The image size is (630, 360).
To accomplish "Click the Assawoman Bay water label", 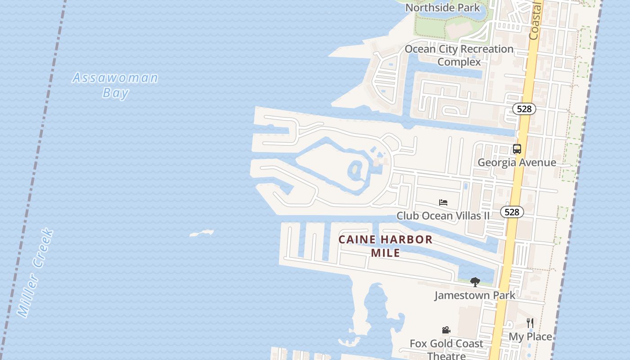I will (115, 85).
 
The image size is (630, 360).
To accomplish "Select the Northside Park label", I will (442, 8).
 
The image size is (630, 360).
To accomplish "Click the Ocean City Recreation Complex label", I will (459, 55).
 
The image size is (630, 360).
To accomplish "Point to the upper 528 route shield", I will (524, 109).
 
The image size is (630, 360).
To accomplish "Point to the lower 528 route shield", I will (512, 212).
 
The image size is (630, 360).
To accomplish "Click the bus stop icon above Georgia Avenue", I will (517, 149).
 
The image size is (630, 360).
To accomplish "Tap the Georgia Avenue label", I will (517, 162).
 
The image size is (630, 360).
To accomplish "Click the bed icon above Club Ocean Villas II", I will (443, 202).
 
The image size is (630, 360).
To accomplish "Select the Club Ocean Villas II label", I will (443, 216).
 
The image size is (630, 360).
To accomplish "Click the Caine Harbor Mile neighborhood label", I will (386, 246).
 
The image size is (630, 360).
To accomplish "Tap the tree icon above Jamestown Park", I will (475, 282).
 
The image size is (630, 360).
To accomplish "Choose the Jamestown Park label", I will (475, 295).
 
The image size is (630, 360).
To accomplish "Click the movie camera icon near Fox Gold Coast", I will (446, 330).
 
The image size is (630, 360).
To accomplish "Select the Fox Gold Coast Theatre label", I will (446, 349).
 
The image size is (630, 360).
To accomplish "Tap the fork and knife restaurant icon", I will (530, 323).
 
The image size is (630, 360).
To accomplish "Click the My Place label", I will (530, 336).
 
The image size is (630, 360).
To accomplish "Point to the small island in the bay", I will (202, 233).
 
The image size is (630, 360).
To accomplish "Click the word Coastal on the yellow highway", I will (535, 20).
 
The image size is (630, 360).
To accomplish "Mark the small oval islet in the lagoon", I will (355, 170).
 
